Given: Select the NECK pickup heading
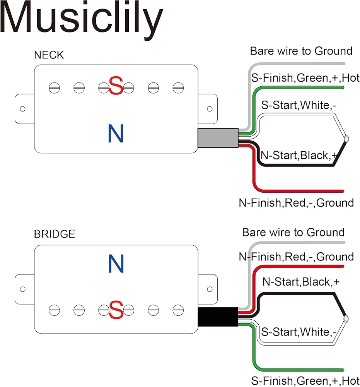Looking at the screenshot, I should pos(49,55).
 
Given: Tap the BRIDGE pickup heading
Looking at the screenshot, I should pos(55,234).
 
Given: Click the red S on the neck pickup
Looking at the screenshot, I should pos(116,86).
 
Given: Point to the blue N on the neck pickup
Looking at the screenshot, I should pos(116,133).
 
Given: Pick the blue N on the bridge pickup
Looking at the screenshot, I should pos(116,264).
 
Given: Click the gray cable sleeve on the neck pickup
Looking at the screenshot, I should pos(218,138).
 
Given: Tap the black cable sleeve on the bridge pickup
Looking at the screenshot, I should pos(218,317).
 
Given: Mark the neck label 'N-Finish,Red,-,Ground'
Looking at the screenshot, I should pos(296,203).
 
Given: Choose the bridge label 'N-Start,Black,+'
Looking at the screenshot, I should pos(301,282).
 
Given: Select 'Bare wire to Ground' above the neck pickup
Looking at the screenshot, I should pos(301,51).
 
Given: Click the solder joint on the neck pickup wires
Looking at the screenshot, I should pos(346,138).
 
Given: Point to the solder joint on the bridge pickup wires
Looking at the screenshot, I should pos(346,318).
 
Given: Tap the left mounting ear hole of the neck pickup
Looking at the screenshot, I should pos(22,109).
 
